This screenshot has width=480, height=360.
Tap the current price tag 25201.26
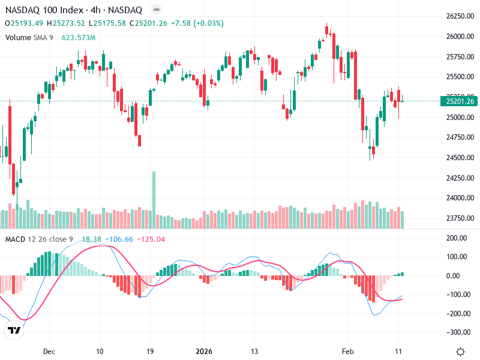click(x=461, y=101)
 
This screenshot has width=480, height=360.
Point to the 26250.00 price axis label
click(x=460, y=16)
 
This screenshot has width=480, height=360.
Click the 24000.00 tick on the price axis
click(x=460, y=198)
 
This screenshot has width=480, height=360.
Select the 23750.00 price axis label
click(x=460, y=218)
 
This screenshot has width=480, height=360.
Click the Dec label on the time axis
click(x=49, y=351)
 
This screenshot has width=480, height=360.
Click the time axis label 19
click(x=151, y=351)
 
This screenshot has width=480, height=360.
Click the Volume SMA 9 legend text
click(x=29, y=37)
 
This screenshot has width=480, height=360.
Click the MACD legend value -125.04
click(x=151, y=239)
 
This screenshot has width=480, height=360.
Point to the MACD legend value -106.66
click(x=120, y=239)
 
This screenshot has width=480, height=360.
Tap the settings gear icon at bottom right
click(x=460, y=352)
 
